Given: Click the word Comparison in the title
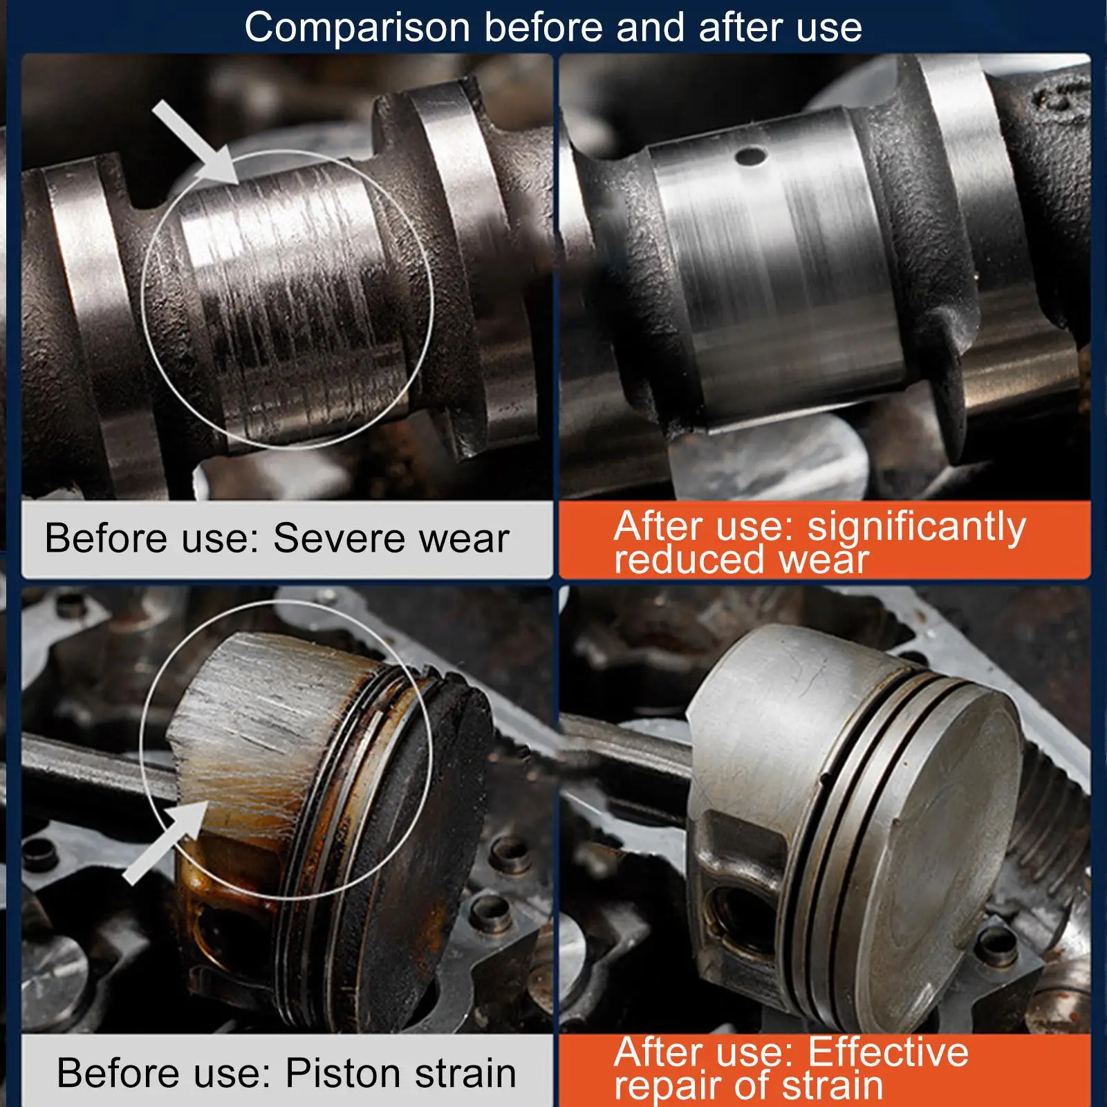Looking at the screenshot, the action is (358, 28).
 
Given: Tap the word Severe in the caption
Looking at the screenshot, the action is (341, 538).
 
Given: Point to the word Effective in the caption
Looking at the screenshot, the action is (889, 1053).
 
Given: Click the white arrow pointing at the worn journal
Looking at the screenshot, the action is (196, 142).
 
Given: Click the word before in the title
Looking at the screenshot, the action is (543, 28).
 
